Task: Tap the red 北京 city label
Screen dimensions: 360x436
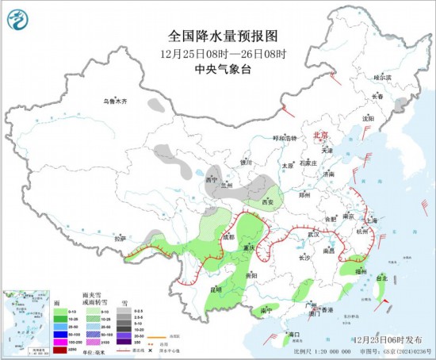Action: tap(321, 136)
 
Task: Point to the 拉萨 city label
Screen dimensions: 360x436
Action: tap(120, 238)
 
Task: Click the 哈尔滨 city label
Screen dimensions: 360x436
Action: tap(382, 78)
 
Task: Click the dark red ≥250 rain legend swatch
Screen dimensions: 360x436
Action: tap(59, 349)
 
